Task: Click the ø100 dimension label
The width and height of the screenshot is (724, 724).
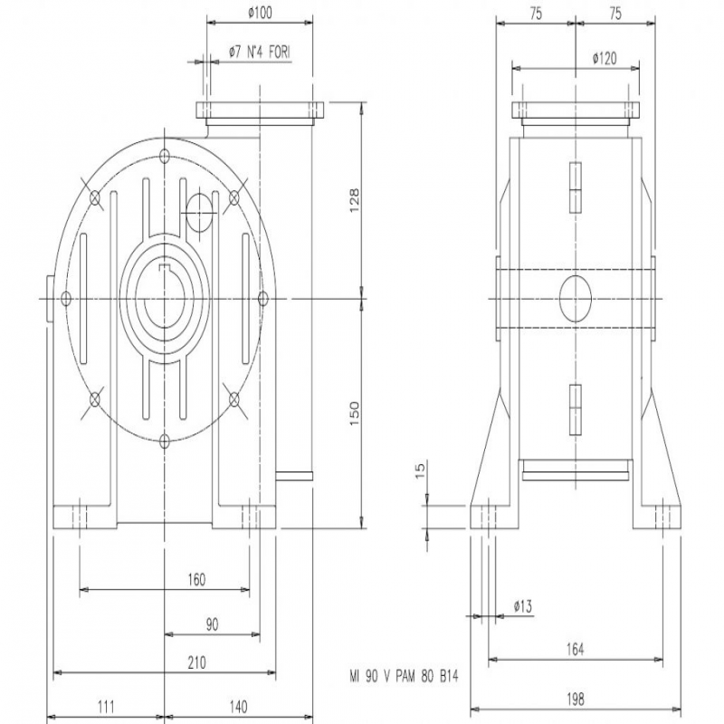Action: pos(260,13)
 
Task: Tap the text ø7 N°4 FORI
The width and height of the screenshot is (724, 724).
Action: pos(260,52)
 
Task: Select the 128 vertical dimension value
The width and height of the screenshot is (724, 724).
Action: pos(354,200)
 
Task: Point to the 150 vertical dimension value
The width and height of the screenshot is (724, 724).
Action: pos(354,414)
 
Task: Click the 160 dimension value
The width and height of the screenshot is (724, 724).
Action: pos(196,579)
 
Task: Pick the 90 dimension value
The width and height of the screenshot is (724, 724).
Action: pos(212,624)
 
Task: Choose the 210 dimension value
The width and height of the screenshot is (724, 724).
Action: pos(196,663)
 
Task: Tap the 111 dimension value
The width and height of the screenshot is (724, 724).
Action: pos(106,707)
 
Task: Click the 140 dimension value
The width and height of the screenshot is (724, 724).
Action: pos(238,707)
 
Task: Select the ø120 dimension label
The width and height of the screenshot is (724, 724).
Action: pos(605,59)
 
